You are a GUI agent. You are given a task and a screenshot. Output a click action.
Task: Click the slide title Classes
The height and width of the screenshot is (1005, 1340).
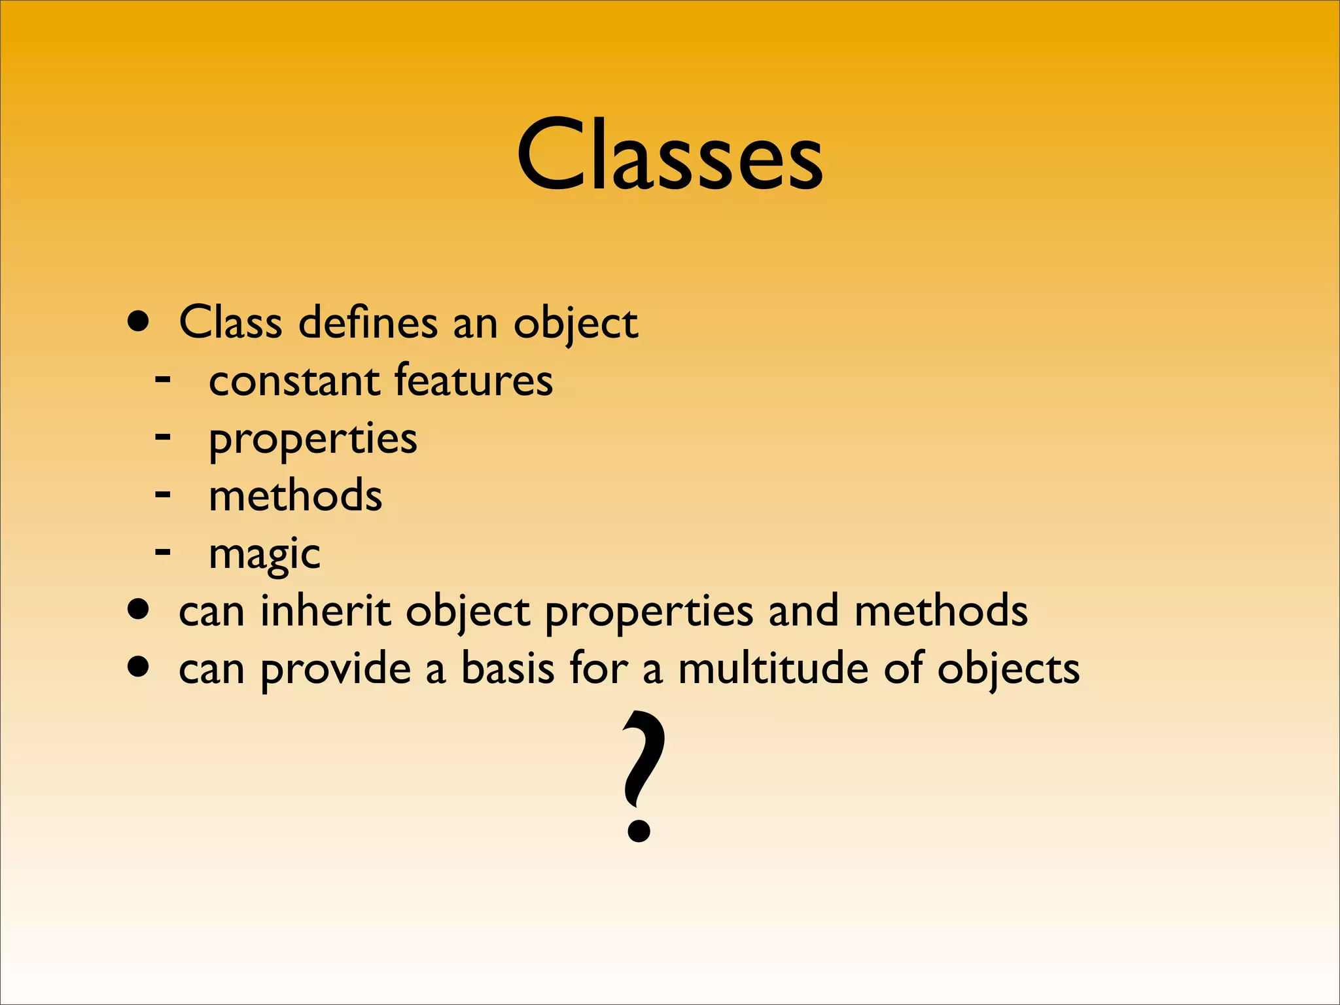(669, 156)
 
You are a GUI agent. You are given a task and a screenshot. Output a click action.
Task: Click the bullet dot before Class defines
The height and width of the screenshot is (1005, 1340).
(138, 323)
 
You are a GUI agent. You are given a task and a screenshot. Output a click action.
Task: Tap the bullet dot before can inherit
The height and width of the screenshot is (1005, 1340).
(138, 611)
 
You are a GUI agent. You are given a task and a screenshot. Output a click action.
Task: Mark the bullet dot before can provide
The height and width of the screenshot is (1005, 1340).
(138, 669)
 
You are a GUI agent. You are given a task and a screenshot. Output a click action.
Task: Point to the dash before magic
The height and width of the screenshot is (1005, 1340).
(163, 553)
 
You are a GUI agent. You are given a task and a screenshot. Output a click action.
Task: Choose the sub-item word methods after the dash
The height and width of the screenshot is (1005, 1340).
(295, 496)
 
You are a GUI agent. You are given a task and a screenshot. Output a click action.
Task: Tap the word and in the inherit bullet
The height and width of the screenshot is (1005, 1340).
(803, 611)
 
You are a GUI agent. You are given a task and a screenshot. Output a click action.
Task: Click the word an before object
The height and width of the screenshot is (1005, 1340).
(475, 324)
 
